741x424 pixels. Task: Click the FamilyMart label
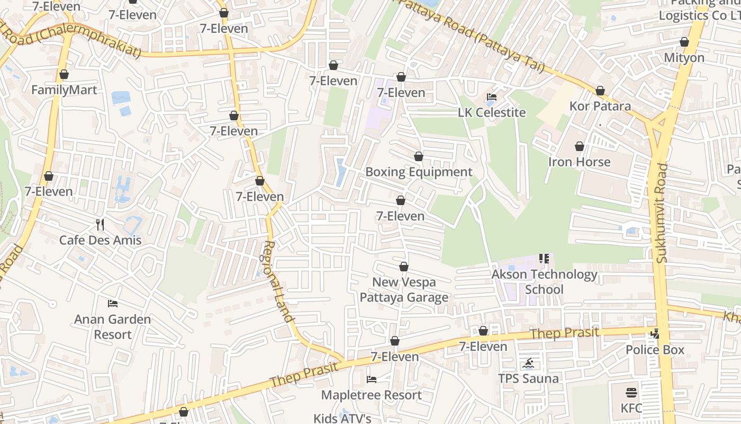click(64, 90)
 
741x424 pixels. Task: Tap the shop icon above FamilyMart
click(64, 74)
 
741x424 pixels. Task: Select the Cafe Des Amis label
click(100, 240)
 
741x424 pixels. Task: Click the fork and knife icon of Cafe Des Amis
click(100, 225)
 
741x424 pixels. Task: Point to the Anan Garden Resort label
click(112, 326)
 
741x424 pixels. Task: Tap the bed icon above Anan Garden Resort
click(112, 304)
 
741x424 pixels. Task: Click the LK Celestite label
click(492, 112)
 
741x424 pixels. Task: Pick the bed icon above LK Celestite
click(492, 97)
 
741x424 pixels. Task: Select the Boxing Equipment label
click(419, 172)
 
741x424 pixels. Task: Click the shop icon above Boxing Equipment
click(419, 156)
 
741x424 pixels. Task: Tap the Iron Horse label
click(579, 162)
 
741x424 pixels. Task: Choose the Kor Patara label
click(600, 106)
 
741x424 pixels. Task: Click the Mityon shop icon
click(684, 42)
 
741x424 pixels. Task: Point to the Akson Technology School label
click(544, 282)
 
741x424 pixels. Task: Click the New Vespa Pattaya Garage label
click(404, 289)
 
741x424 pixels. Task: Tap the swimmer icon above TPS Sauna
click(528, 364)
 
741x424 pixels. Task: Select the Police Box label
click(655, 350)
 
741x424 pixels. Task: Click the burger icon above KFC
click(631, 393)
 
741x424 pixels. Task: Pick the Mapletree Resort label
click(372, 395)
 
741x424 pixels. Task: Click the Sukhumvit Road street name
click(663, 213)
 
